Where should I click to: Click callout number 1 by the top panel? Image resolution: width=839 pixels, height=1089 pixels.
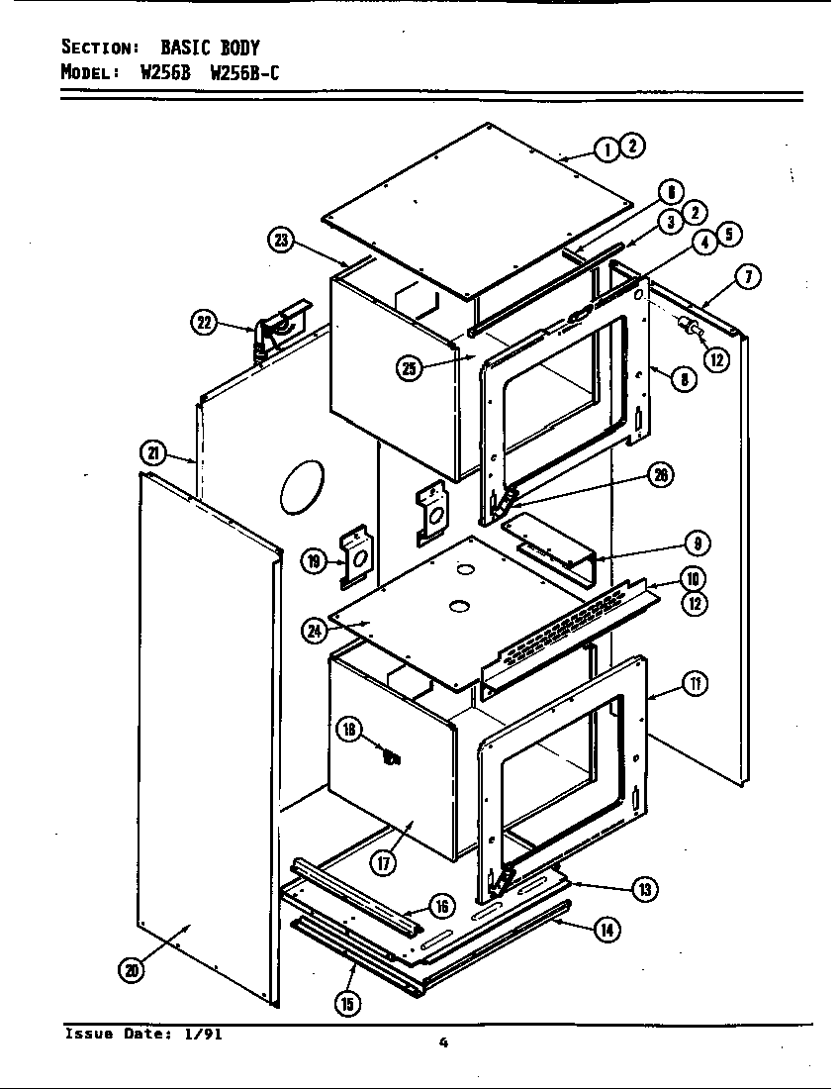[606, 148]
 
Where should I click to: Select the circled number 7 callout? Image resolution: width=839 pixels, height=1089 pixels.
[749, 278]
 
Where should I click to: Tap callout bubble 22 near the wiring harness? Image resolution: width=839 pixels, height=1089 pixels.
[204, 323]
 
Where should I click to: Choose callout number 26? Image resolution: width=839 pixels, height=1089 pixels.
[660, 476]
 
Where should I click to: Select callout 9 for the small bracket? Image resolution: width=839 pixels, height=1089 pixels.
[697, 543]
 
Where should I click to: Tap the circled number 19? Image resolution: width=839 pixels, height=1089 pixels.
[315, 561]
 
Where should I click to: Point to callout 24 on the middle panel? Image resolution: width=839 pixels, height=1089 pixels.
[315, 630]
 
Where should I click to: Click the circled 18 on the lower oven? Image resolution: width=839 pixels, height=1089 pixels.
[349, 731]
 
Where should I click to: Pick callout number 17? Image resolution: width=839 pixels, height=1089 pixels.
[383, 862]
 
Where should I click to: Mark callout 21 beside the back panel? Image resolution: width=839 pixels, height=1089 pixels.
[153, 453]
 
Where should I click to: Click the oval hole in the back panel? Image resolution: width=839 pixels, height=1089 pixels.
[302, 487]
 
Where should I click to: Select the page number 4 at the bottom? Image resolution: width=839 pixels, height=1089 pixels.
[444, 1041]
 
